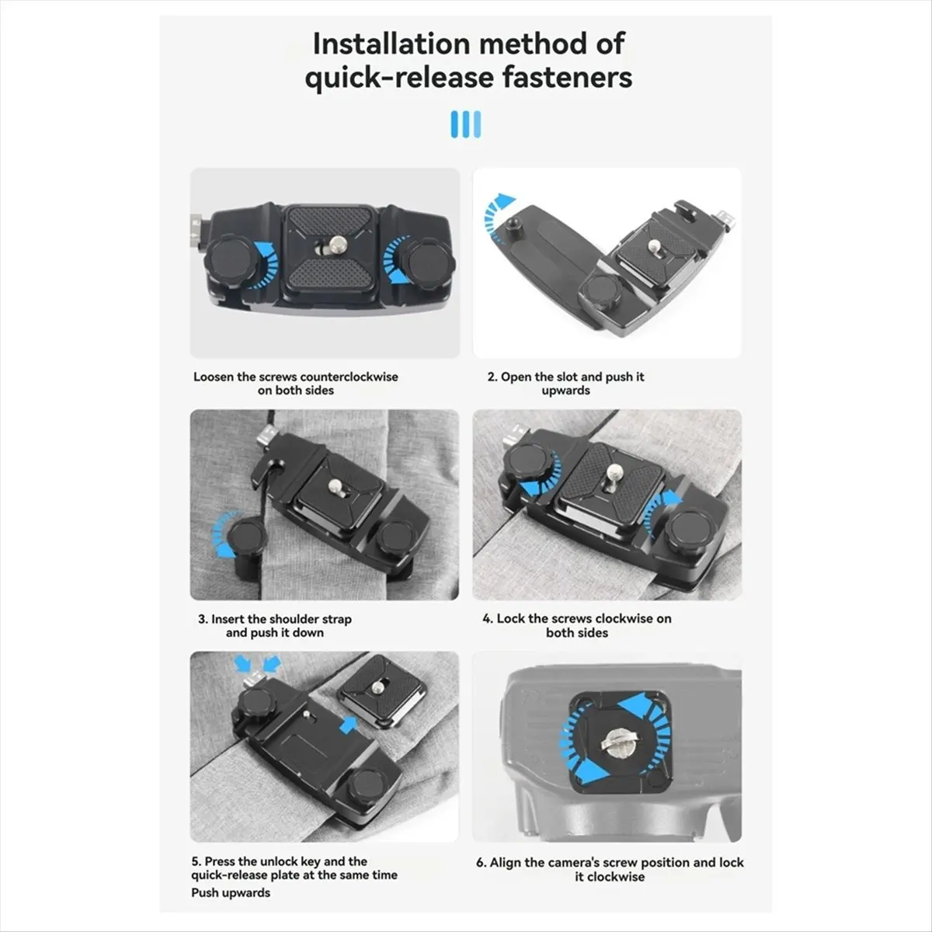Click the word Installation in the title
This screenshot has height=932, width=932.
click(390, 44)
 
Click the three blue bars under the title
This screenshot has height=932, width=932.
click(466, 124)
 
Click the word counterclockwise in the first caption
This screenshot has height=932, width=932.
click(349, 377)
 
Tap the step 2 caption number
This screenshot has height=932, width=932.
click(492, 377)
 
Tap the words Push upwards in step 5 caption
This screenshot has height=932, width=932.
click(231, 893)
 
